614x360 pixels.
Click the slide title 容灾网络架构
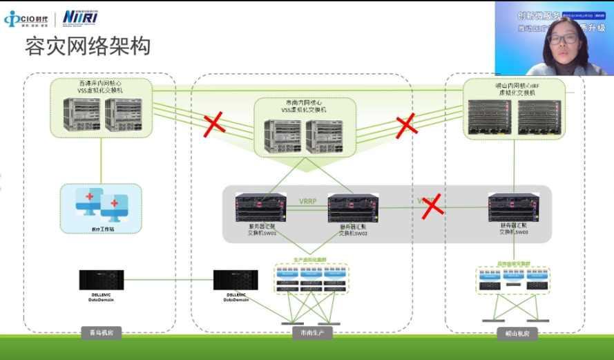(x=88, y=46)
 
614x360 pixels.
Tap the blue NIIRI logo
(x=75, y=17)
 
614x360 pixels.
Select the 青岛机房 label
(x=101, y=333)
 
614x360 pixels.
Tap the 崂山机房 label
(x=511, y=333)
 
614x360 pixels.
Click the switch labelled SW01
(x=260, y=207)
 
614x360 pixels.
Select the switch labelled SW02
(x=352, y=207)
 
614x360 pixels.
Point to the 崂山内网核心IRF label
(x=512, y=87)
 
